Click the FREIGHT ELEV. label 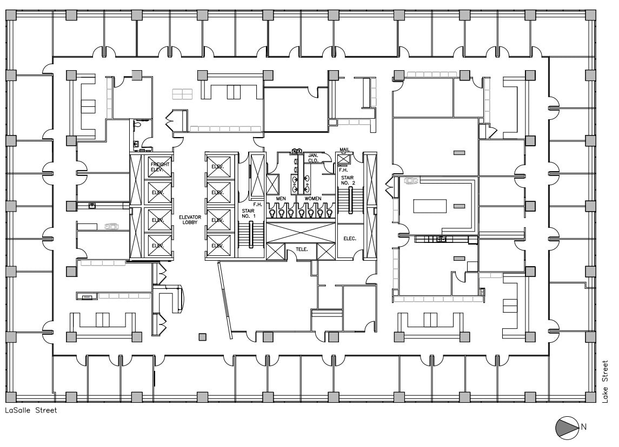(x=161, y=166)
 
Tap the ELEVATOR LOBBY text (x=190, y=220)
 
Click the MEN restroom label (x=281, y=199)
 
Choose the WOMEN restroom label (x=313, y=199)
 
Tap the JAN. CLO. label (x=314, y=158)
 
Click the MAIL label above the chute (x=344, y=150)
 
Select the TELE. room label (x=301, y=249)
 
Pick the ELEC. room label (x=349, y=238)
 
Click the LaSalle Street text (x=31, y=410)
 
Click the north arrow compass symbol (x=567, y=426)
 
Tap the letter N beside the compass (x=583, y=426)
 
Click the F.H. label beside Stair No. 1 (x=257, y=205)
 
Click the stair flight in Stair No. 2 (x=351, y=202)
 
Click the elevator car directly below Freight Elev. (x=159, y=192)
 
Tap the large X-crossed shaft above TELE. (x=299, y=232)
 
